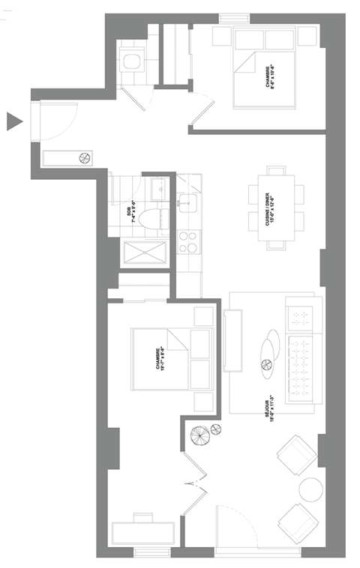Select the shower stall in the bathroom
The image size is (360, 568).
coord(145,253)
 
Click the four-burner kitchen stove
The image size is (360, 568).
coord(188,241)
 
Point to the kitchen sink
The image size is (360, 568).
coord(187,201)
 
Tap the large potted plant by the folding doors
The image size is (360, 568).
coord(200,435)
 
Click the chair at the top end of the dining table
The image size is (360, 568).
coord(277,170)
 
